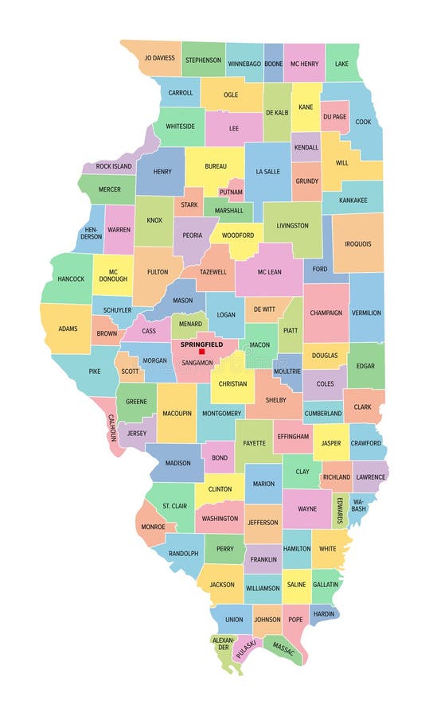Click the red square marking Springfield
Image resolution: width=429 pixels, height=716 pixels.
coord(201,352)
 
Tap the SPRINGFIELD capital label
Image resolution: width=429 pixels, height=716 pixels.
coord(202,344)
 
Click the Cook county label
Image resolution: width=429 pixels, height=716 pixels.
coord(363,122)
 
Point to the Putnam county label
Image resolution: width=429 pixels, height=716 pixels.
coord(231,192)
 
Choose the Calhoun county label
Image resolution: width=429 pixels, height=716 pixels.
coord(111,428)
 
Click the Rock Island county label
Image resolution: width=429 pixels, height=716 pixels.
coord(114,166)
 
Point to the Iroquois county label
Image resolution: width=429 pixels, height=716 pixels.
coord(357,243)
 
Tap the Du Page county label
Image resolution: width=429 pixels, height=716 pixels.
coord(334,116)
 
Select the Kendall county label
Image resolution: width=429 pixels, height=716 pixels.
coord(306,147)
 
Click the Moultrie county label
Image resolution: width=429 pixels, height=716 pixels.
coord(287,372)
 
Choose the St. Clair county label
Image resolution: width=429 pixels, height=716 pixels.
coord(174,506)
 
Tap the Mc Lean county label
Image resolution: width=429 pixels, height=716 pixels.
coord(269,271)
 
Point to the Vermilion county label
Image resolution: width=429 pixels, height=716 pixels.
coord(366,313)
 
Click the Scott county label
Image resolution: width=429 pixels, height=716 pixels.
coord(130,370)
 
